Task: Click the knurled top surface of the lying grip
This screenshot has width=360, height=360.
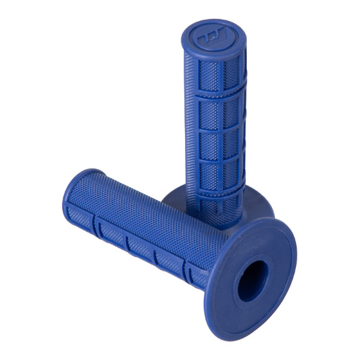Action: [144, 209]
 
